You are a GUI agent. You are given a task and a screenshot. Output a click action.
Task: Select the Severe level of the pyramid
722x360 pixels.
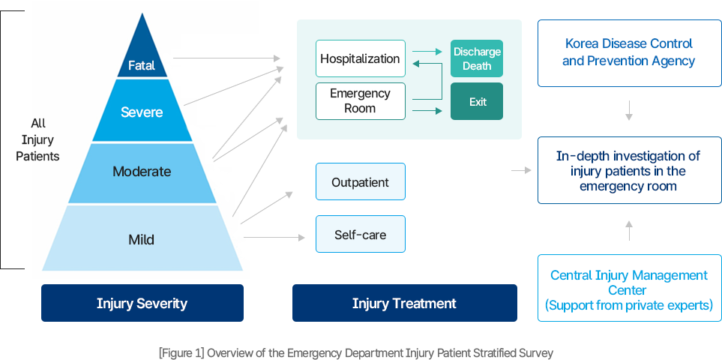tap(142, 112)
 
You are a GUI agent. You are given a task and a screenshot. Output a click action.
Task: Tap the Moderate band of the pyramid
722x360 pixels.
tap(142, 172)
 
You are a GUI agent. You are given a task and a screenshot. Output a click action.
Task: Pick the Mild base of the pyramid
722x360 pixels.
tap(142, 240)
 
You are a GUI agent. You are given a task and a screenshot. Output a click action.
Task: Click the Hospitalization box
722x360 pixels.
tap(360, 58)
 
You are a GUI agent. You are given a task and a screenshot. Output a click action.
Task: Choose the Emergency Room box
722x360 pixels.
tap(360, 101)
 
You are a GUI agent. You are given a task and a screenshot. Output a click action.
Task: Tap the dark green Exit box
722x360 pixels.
tap(477, 102)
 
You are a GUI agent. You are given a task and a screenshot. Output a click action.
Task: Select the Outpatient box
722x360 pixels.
tap(360, 182)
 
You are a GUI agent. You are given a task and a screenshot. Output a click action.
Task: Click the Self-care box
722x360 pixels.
tap(360, 235)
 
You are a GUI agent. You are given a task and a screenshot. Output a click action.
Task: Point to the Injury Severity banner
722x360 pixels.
tap(142, 303)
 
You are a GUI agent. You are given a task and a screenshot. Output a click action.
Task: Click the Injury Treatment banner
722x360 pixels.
tap(404, 303)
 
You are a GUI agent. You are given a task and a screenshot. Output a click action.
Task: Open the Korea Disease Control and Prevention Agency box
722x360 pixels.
tap(628, 52)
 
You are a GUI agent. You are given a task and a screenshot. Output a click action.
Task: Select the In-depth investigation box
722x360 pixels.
tap(628, 171)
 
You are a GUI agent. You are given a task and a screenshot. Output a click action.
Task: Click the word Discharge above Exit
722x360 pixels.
tap(477, 52)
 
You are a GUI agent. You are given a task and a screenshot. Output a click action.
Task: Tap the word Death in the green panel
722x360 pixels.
tap(477, 66)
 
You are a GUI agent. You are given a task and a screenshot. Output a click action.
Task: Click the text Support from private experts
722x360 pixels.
tap(628, 305)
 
